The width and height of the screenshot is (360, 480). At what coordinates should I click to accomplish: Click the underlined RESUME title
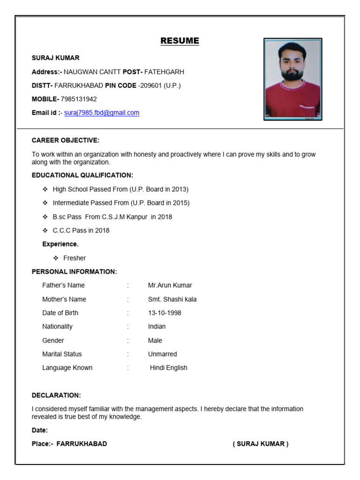coord(180,41)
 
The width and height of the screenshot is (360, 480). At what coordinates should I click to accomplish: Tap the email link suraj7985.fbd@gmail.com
coord(102,113)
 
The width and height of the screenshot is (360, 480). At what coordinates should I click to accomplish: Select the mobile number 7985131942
coord(79,99)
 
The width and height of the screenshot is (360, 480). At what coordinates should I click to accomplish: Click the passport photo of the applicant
coord(292,79)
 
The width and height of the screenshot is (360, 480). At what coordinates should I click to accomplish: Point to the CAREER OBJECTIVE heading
coord(66,140)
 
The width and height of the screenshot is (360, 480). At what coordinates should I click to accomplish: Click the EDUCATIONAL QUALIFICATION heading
coord(82,175)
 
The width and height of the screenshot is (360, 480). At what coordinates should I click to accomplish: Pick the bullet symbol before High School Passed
coord(45,189)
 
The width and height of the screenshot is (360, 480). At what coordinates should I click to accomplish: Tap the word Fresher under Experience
coord(75,258)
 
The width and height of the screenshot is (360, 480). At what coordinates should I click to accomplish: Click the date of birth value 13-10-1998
coord(165,313)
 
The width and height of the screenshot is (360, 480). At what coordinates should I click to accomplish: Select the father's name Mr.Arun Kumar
coord(170,285)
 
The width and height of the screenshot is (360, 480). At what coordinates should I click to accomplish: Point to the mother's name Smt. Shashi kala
coord(172,299)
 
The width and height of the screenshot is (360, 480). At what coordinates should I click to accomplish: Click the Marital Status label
coord(62,354)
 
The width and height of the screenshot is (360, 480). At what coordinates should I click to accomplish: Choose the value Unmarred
coord(162,354)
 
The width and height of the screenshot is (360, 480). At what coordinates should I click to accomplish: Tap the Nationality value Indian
coord(157,326)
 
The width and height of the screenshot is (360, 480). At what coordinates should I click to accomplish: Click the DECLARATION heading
coord(56,395)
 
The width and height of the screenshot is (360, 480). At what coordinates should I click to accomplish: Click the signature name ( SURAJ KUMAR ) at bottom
coord(261,444)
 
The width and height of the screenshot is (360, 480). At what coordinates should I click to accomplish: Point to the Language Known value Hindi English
coord(168,367)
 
